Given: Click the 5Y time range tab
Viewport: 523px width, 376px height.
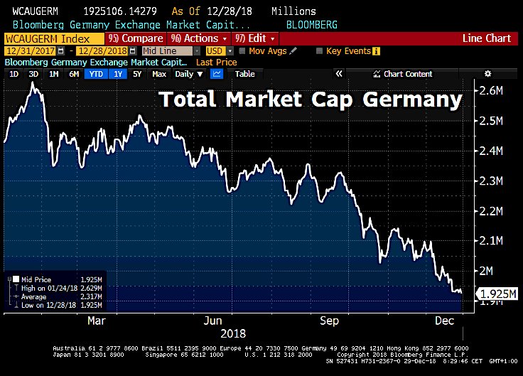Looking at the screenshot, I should (137, 74).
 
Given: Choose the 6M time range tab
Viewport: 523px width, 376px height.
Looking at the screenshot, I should (74, 74).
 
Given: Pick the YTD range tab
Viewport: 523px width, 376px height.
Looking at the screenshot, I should (95, 74).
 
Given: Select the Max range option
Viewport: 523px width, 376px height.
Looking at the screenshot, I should (159, 74).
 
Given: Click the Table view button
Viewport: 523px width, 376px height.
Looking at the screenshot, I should (244, 74).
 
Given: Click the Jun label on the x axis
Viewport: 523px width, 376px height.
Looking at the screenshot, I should (212, 321).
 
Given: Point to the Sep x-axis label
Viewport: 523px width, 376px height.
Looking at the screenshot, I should (329, 321).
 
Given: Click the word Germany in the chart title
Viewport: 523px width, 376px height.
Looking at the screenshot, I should (412, 100).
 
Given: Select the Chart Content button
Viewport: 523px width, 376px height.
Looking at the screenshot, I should (407, 74).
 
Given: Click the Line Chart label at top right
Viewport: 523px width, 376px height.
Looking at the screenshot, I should (487, 38).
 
